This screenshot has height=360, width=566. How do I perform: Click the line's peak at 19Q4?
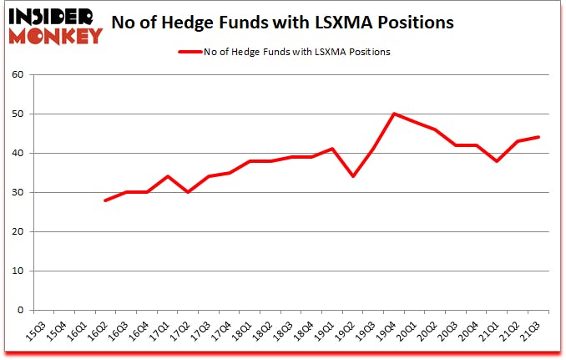point(394,114)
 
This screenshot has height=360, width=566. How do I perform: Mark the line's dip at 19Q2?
point(353,176)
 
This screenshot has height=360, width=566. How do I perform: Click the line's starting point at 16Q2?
point(106,200)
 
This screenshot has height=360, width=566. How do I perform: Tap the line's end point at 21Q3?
point(538,137)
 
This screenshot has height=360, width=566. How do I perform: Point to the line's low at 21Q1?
point(498,160)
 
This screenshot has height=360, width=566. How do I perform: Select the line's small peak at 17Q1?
point(168,176)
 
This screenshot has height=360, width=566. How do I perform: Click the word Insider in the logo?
point(55,16)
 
